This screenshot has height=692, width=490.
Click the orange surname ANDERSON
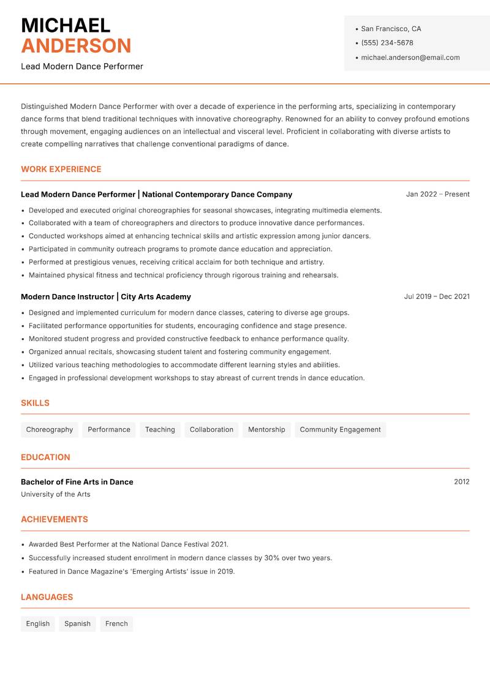click(x=76, y=46)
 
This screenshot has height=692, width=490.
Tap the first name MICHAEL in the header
click(x=66, y=26)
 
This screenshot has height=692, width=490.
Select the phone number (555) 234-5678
click(x=387, y=43)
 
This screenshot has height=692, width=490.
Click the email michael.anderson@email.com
click(x=410, y=58)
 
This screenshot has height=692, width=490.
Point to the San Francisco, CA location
click(x=391, y=29)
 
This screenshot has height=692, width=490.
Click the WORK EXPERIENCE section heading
click(x=61, y=169)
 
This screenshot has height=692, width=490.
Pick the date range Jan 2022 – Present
click(x=437, y=194)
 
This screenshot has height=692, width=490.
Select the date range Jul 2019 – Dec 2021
click(x=437, y=296)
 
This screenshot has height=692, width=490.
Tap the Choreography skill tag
click(x=50, y=430)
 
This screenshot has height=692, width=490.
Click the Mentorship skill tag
click(x=266, y=430)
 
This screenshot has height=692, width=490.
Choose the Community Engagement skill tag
click(x=340, y=430)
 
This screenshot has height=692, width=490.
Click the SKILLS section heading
click(x=35, y=403)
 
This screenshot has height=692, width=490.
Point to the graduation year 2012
click(x=461, y=482)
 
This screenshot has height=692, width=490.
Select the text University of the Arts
click(x=55, y=494)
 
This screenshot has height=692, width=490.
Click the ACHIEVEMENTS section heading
click(x=55, y=519)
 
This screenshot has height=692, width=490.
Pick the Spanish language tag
click(x=77, y=624)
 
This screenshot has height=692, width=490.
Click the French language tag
click(x=116, y=624)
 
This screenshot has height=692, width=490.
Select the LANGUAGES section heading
click(x=47, y=597)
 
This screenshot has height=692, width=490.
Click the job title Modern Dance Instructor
click(x=67, y=297)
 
